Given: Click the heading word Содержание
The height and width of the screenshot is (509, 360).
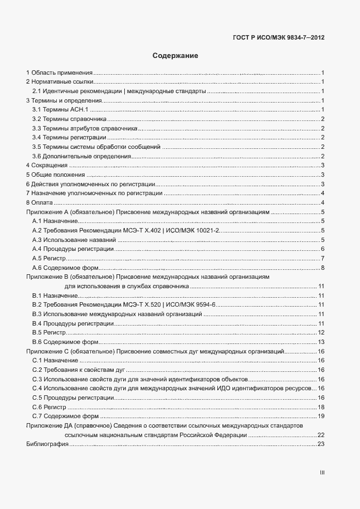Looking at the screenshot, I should point(176,56).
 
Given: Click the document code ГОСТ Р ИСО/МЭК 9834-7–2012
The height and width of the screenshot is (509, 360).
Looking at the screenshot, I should point(278,38).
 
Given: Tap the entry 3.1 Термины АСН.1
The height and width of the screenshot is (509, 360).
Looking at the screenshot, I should point(57,110).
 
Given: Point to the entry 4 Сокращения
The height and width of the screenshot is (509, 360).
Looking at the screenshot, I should point(47,166).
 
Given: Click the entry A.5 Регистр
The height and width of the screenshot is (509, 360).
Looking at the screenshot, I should point(50,258).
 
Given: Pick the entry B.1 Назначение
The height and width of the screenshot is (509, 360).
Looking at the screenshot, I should point(55,295).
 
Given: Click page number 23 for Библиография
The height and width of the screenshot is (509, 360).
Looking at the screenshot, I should point(321,444).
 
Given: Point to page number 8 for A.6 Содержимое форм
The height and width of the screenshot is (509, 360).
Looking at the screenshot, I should point(323,268).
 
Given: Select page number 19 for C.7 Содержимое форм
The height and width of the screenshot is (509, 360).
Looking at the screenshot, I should point(321,416).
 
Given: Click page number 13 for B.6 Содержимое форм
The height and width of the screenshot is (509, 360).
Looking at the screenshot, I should point(321,342).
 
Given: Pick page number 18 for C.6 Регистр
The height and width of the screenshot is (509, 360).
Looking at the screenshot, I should point(321,407).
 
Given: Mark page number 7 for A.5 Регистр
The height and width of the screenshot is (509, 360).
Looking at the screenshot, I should point(323,258).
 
